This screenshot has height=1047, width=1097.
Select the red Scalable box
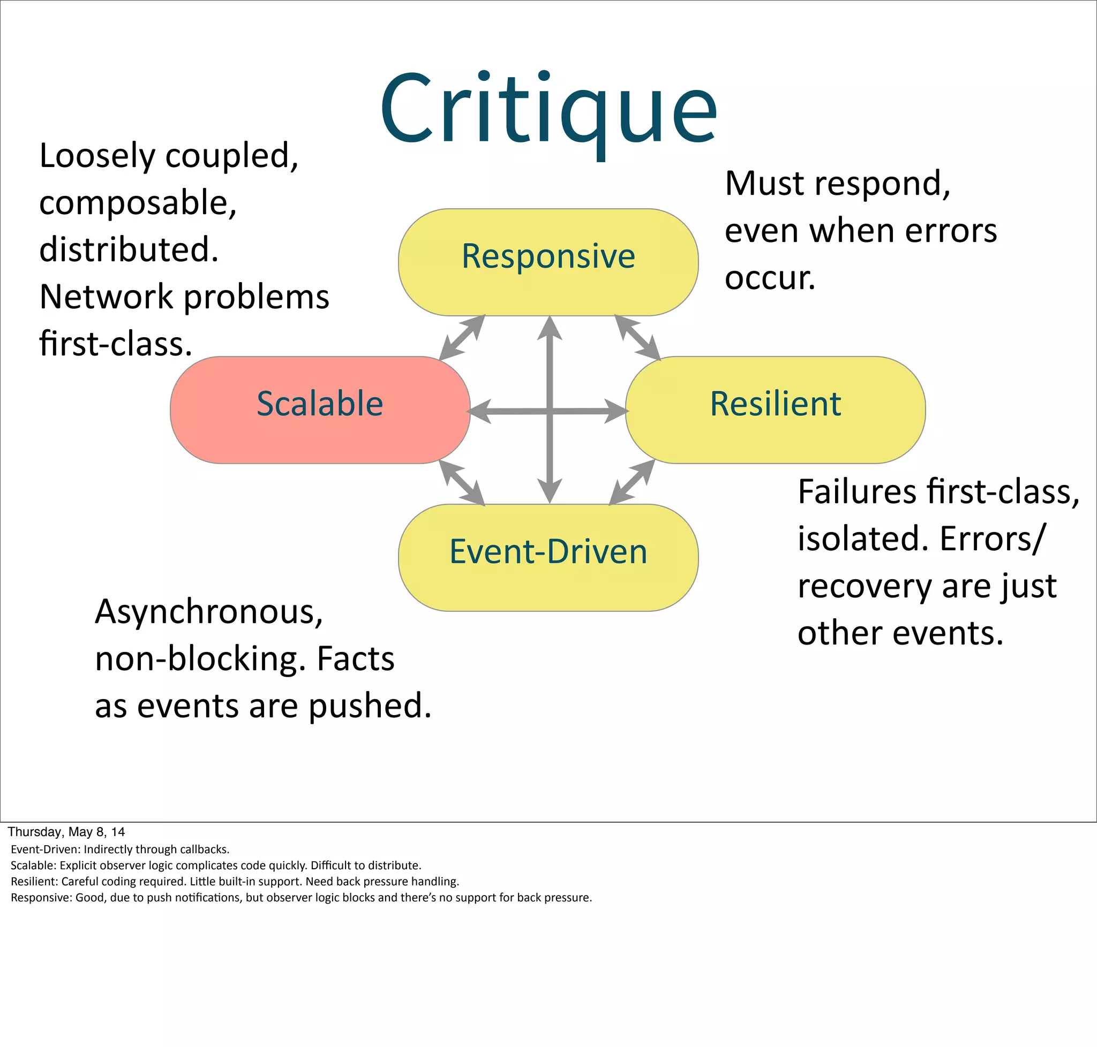pyautogui.click(x=319, y=409)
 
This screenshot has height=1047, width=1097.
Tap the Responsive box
pyautogui.click(x=548, y=262)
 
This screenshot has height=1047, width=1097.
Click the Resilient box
pyautogui.click(x=775, y=409)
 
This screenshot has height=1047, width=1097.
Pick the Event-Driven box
pyautogui.click(x=548, y=557)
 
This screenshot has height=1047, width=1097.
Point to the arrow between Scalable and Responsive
pyautogui.click(x=461, y=338)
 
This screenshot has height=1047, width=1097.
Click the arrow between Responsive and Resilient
pyautogui.click(x=637, y=337)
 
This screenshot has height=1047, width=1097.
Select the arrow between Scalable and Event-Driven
pyautogui.click(x=461, y=482)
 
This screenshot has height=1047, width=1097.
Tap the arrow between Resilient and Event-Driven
pyautogui.click(x=632, y=482)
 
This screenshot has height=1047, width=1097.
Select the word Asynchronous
pyautogui.click(x=208, y=612)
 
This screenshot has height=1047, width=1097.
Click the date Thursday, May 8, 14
pyautogui.click(x=66, y=832)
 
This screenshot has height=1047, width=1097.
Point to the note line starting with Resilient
pyautogui.click(x=235, y=881)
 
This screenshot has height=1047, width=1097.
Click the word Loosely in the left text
pyautogui.click(x=97, y=156)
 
